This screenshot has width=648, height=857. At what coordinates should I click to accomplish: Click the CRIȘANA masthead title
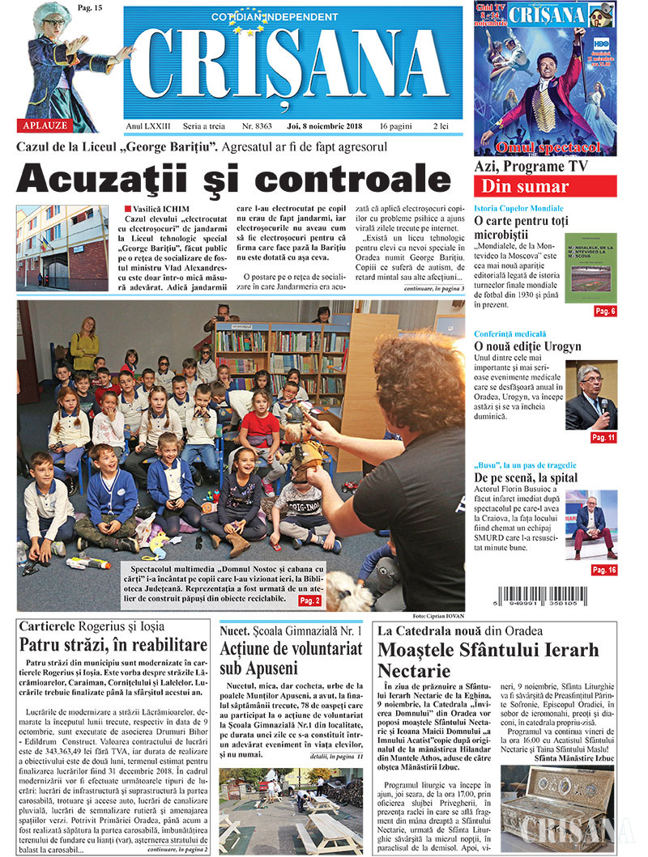[x=293, y=70]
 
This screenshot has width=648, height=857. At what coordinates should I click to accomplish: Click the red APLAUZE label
[x=43, y=125]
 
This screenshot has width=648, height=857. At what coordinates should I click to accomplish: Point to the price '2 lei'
[x=441, y=127]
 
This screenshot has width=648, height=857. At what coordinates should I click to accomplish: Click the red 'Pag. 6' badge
[x=605, y=312]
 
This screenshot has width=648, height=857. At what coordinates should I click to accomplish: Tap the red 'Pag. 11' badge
[x=603, y=438]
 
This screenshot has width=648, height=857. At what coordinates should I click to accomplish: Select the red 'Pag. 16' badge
[x=603, y=571]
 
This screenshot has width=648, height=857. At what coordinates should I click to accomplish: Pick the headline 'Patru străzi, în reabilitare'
[x=113, y=645]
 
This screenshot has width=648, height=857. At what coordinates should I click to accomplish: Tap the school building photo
[x=62, y=248]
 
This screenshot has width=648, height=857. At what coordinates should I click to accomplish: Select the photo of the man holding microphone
[x=590, y=397]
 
